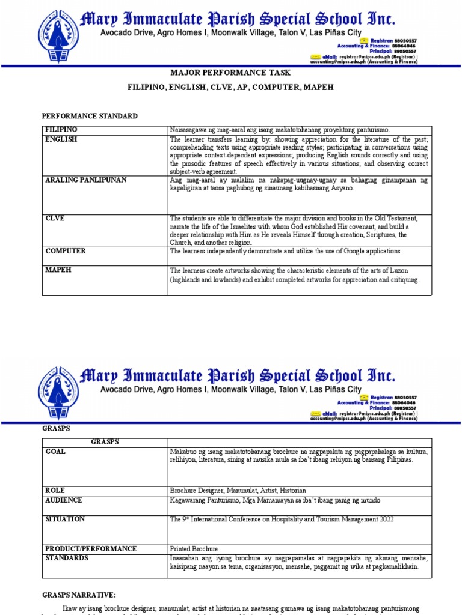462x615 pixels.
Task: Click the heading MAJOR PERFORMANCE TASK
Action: point(230,73)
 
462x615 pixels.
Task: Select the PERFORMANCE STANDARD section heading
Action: point(90,116)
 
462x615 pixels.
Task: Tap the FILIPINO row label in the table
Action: point(61,130)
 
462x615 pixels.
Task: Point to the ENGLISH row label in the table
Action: point(61,139)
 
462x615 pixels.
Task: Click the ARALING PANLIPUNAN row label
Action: point(86,180)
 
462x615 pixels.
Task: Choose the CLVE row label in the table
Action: point(55,219)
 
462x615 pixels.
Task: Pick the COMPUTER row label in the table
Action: point(66,251)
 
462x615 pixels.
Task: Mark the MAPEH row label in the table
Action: point(58,270)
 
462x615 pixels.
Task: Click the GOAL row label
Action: point(55,452)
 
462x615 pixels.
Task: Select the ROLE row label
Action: point(55,490)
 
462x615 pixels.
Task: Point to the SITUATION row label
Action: point(65,519)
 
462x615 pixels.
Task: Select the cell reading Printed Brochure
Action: point(194,548)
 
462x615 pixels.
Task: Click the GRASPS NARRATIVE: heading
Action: point(78,595)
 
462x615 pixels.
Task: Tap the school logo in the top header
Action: point(58,30)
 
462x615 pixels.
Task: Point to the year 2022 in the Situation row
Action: point(383,519)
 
